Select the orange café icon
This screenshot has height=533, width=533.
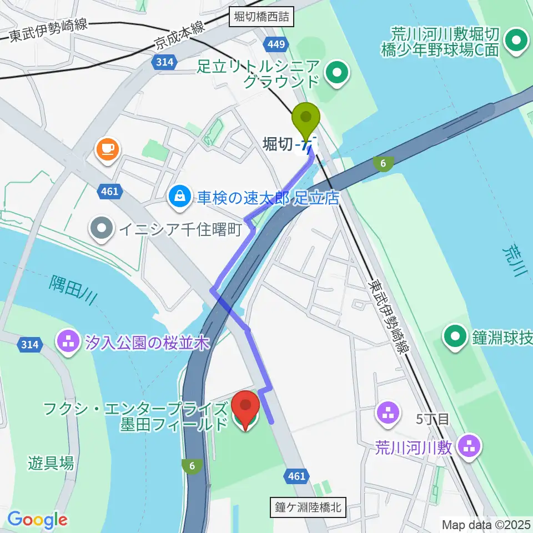(x=105, y=148)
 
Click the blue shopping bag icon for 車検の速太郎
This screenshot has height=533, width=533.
(x=180, y=195)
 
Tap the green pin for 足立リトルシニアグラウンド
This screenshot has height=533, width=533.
(x=336, y=72)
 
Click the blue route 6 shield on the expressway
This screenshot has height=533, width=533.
(x=383, y=163)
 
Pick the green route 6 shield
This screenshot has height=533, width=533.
(x=192, y=466)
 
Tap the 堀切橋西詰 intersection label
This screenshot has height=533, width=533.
(x=262, y=17)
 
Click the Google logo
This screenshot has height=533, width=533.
(x=37, y=520)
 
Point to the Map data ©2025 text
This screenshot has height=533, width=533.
(x=486, y=524)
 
